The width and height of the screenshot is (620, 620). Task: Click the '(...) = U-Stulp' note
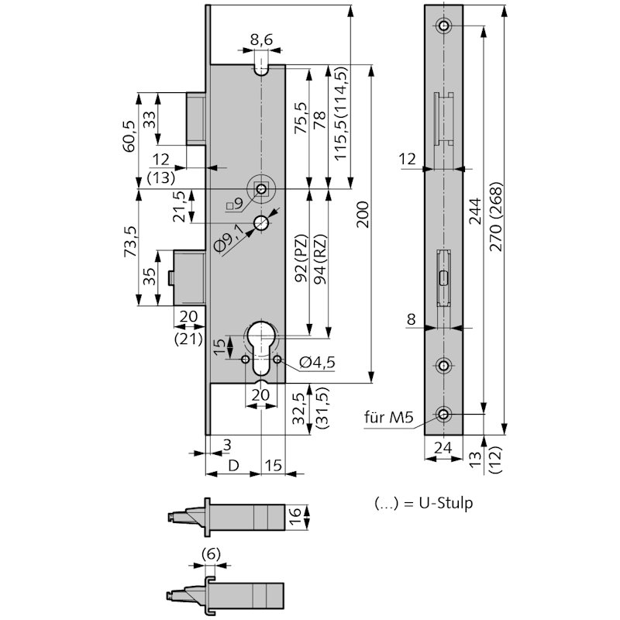tap(423, 503)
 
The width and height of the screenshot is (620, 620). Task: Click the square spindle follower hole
tap(264, 188)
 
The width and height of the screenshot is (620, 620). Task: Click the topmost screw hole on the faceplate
tap(443, 26)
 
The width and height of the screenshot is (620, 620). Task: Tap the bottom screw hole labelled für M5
tap(443, 415)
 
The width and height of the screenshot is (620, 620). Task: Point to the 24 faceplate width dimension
tap(443, 446)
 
